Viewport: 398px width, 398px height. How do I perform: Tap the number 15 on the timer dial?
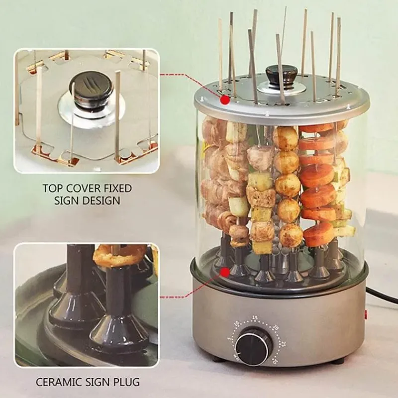click(x=255, y=318)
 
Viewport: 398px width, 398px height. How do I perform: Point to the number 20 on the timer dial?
click(x=276, y=328)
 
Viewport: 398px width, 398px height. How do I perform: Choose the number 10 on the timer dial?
click(x=237, y=324)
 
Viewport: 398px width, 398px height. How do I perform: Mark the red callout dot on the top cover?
click(x=225, y=99)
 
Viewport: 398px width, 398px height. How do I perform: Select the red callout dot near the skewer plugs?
click(x=225, y=272)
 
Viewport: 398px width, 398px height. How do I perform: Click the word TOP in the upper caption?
click(x=52, y=189)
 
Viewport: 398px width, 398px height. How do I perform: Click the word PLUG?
click(x=127, y=382)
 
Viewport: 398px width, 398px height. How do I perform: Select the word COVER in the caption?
click(x=81, y=189)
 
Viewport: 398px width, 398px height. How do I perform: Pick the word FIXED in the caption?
click(x=116, y=189)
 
